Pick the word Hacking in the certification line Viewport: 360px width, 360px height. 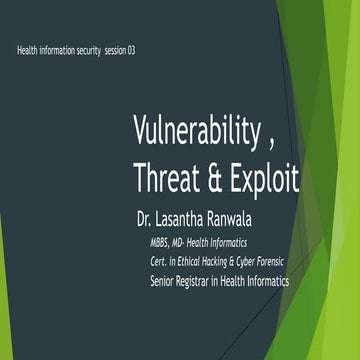(217, 261)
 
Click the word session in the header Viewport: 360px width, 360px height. (107, 50)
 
